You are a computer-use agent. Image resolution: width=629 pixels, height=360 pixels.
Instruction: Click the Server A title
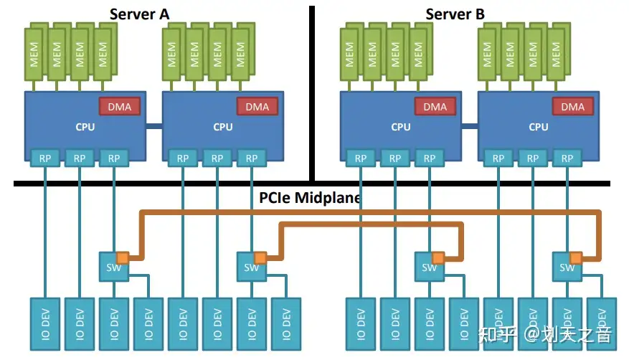point(144,14)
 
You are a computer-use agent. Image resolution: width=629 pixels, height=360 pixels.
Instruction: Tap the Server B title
point(455,14)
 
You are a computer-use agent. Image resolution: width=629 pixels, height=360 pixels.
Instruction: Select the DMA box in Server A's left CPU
point(119,107)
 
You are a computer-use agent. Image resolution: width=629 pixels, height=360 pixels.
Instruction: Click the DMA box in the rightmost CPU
point(573,107)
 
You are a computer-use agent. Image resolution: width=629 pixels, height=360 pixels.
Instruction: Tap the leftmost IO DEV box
point(44,323)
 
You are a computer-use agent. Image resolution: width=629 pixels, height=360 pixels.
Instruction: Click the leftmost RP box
point(44,158)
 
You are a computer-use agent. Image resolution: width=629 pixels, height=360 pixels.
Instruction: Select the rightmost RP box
point(567,158)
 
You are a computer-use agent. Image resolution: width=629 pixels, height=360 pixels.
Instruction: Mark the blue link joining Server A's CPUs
point(154,127)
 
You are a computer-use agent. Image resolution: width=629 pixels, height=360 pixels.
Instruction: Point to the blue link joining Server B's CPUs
point(470,127)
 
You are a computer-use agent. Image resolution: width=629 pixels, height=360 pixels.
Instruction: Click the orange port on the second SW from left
point(260,257)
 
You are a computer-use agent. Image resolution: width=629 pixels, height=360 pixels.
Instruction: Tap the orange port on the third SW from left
point(438,257)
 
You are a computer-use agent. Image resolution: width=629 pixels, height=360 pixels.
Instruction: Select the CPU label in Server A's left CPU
point(85,128)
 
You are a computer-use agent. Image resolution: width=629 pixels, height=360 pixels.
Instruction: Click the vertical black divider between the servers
point(312,93)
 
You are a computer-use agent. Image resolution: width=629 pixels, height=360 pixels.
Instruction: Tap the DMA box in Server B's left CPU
point(435,107)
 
